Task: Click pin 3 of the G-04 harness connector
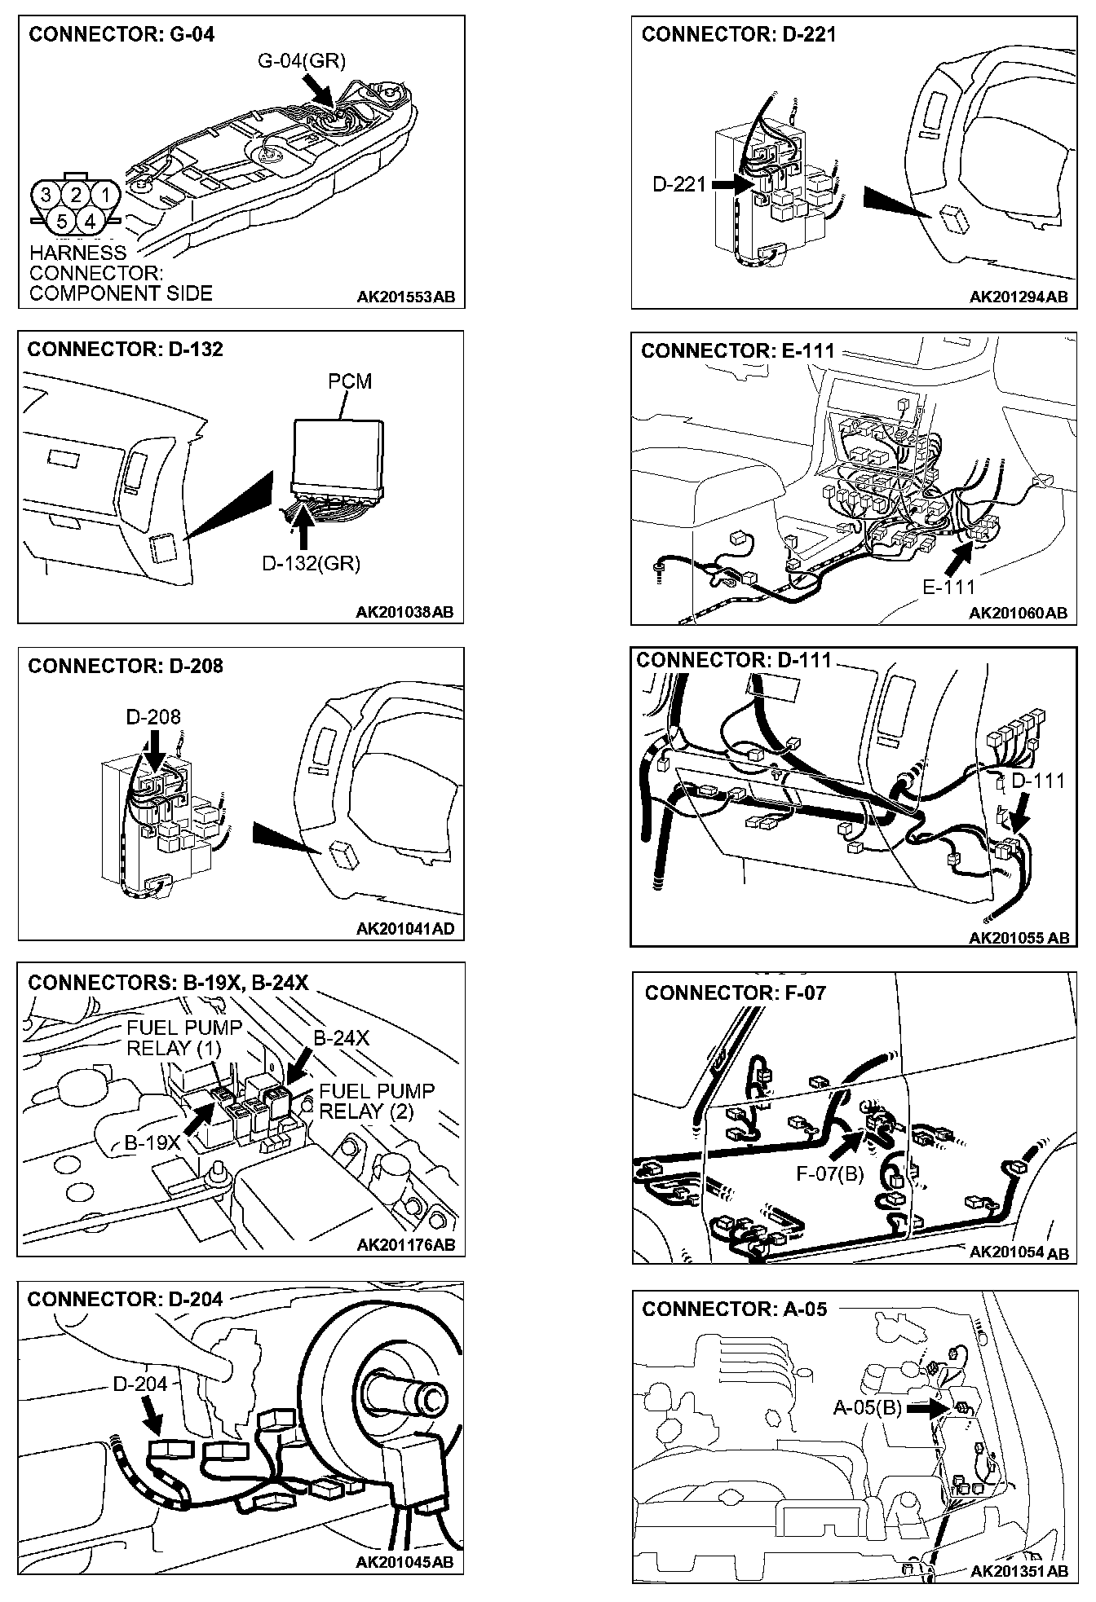pyautogui.click(x=46, y=194)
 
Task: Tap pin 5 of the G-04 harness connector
pyautogui.click(x=61, y=221)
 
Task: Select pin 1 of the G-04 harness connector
pyautogui.click(x=103, y=194)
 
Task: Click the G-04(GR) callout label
pyautogui.click(x=301, y=61)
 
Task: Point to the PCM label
pyautogui.click(x=349, y=381)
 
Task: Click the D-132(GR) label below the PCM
pyautogui.click(x=311, y=563)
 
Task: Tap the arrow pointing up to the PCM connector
pyautogui.click(x=303, y=526)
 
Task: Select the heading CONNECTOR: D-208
pyautogui.click(x=125, y=666)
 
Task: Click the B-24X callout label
pyautogui.click(x=342, y=1038)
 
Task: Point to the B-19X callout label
pyautogui.click(x=152, y=1143)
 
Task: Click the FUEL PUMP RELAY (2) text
pyautogui.click(x=377, y=1101)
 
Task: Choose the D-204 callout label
pyautogui.click(x=140, y=1384)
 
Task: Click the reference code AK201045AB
pyautogui.click(x=404, y=1562)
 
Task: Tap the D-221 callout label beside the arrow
pyautogui.click(x=678, y=185)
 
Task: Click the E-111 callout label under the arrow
pyautogui.click(x=949, y=586)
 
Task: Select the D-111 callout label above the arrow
pyautogui.click(x=1038, y=781)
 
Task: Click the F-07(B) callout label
pyautogui.click(x=829, y=1173)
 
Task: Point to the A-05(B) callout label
pyautogui.click(x=867, y=1407)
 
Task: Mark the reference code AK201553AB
pyautogui.click(x=405, y=297)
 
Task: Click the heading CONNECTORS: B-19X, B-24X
pyautogui.click(x=168, y=983)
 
